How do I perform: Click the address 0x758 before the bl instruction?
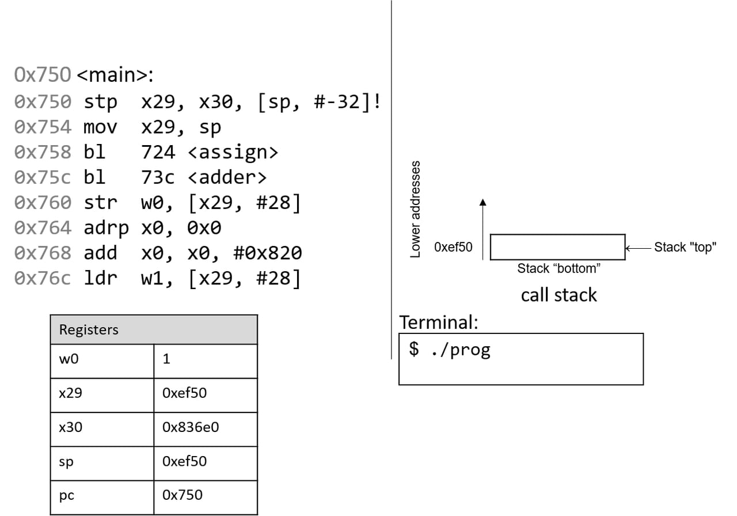click(43, 152)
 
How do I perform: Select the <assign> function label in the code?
click(233, 152)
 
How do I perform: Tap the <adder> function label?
click(227, 177)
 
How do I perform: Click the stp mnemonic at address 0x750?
click(100, 102)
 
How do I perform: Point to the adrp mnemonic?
click(106, 228)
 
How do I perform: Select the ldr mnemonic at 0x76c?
click(100, 279)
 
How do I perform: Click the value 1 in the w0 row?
click(167, 360)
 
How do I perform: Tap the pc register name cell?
click(67, 495)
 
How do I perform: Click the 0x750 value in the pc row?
click(183, 495)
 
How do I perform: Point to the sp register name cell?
click(66, 462)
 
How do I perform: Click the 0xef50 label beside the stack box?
click(453, 247)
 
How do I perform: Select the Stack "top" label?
click(685, 248)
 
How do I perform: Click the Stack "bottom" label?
click(559, 268)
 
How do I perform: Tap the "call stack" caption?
click(559, 295)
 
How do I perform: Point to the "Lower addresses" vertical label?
click(415, 208)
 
